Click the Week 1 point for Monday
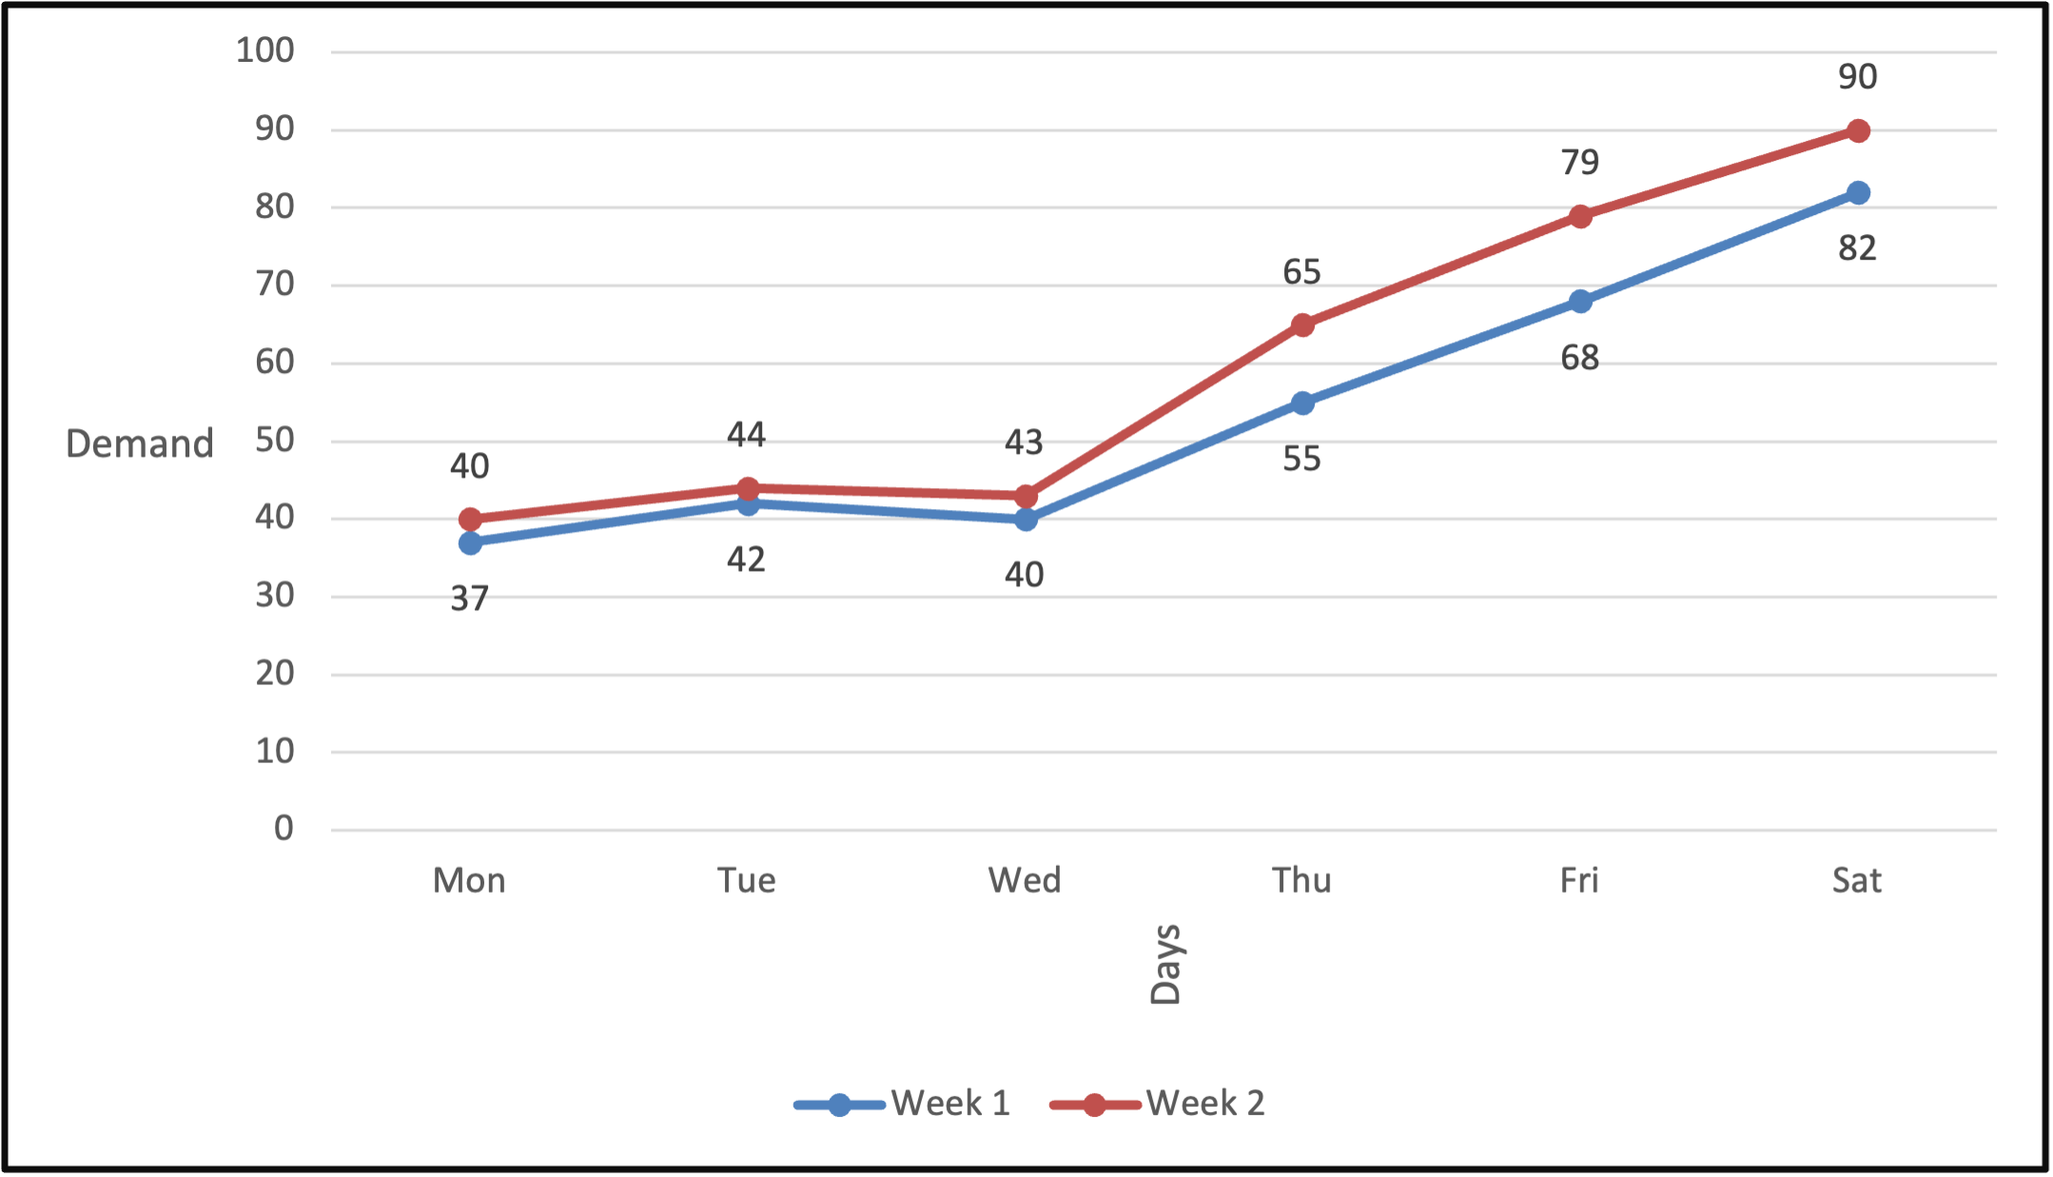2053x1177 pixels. click(x=470, y=543)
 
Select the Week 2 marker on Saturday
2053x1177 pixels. click(x=1858, y=131)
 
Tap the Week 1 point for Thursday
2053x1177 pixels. click(x=1302, y=403)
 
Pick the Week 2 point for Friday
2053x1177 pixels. click(x=1580, y=217)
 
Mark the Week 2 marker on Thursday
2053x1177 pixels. click(x=1302, y=325)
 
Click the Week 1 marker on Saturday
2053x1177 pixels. click(x=1858, y=193)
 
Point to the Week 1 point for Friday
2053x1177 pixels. click(x=1580, y=302)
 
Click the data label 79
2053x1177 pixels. click(x=1580, y=163)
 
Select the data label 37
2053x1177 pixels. click(x=470, y=598)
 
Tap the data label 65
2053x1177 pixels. click(x=1302, y=272)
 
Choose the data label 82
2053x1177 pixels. click(x=1858, y=248)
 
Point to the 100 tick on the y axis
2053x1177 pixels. click(x=265, y=50)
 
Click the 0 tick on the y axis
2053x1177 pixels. click(x=284, y=829)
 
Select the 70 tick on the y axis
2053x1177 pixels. click(x=275, y=284)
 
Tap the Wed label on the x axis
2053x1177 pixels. click(x=1025, y=880)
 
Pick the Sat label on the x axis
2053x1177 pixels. click(x=1857, y=880)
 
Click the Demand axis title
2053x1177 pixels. click(x=140, y=443)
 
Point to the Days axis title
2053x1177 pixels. click(x=1165, y=964)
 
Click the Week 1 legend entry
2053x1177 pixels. click(x=904, y=1104)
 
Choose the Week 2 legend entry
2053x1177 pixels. click(x=1159, y=1104)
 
